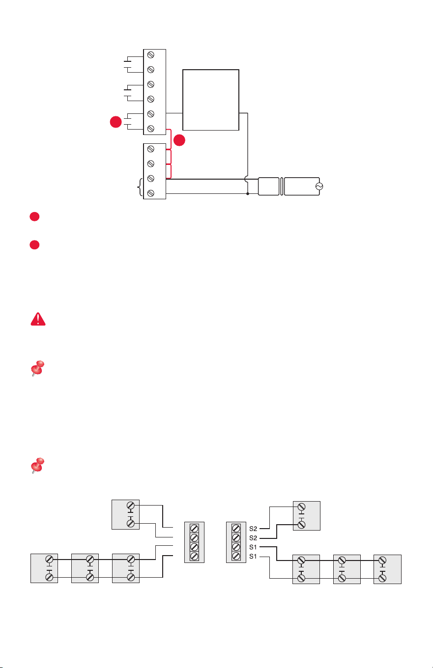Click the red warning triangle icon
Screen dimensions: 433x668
(x=38, y=319)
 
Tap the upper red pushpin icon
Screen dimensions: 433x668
(x=38, y=368)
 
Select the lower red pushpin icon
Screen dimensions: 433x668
(x=38, y=465)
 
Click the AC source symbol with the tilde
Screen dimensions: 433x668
(x=319, y=187)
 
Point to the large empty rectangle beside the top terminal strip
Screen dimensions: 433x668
(x=211, y=100)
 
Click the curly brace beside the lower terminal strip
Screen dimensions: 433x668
(x=140, y=187)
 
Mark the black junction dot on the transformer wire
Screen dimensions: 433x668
(x=248, y=194)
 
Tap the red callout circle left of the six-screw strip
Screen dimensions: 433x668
(x=116, y=122)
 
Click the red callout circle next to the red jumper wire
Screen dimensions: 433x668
(x=179, y=140)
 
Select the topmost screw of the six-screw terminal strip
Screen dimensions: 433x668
(x=151, y=55)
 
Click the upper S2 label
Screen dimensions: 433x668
(x=253, y=529)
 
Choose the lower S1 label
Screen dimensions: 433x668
(x=253, y=557)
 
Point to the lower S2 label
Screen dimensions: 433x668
(x=253, y=538)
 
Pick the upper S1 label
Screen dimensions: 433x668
(x=253, y=547)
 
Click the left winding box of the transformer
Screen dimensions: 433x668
(x=269, y=187)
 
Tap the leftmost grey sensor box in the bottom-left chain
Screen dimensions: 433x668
(x=44, y=568)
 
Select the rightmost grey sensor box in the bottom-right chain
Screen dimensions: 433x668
(x=387, y=569)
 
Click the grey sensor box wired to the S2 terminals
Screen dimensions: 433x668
(x=307, y=516)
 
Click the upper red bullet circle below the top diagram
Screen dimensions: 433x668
(x=34, y=216)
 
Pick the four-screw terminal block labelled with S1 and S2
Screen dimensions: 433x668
(x=236, y=542)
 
